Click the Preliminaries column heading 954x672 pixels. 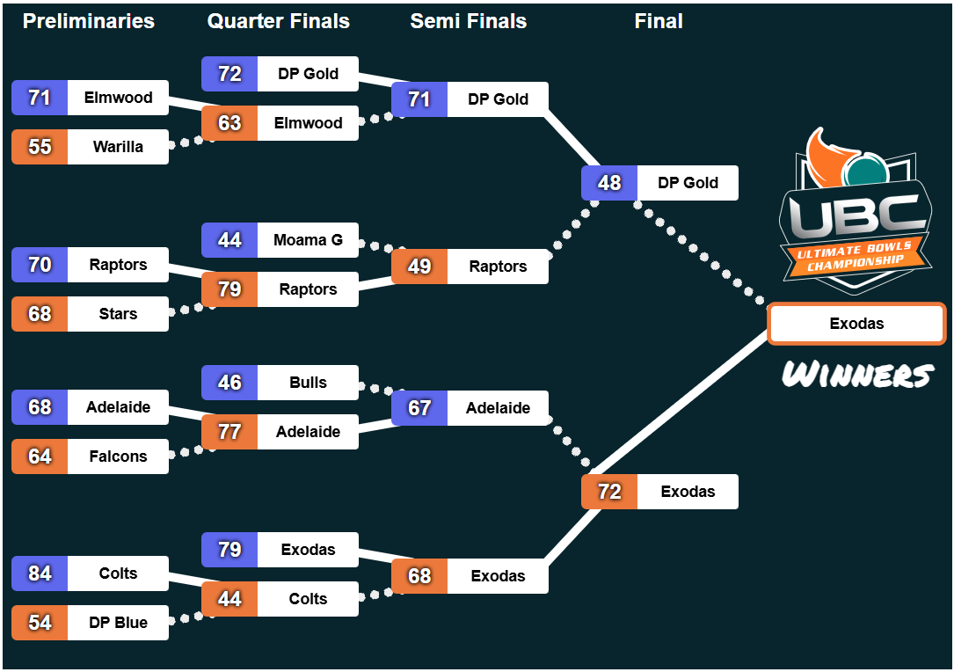89,21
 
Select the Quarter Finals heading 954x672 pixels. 279,21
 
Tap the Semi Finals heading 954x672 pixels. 469,21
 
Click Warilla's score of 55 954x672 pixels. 40,147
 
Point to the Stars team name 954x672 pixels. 118,314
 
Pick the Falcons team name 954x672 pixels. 118,457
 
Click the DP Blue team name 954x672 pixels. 118,623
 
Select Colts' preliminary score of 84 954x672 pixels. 40,573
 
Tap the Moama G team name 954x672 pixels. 308,240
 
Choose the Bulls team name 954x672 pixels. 308,383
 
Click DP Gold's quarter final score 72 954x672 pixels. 229,74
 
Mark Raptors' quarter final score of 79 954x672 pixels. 229,289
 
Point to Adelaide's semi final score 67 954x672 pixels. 419,408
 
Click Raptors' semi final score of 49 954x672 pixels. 419,266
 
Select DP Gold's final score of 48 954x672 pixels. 609,183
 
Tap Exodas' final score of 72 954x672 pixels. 609,492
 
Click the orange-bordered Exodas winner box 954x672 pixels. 856,324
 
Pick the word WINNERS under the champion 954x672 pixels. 857,374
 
